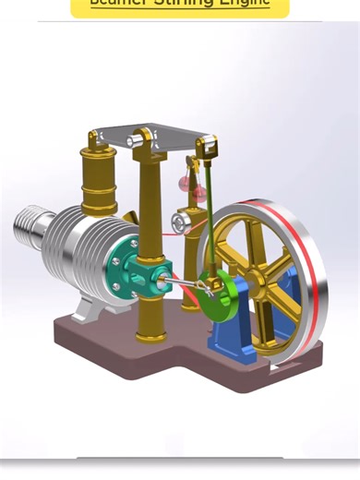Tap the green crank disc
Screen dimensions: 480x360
click(219, 296)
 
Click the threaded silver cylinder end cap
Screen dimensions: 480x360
click(33, 227)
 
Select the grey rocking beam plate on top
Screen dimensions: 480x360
click(157, 138)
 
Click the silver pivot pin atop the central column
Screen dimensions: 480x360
click(145, 139)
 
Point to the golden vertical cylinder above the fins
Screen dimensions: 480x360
click(99, 185)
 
